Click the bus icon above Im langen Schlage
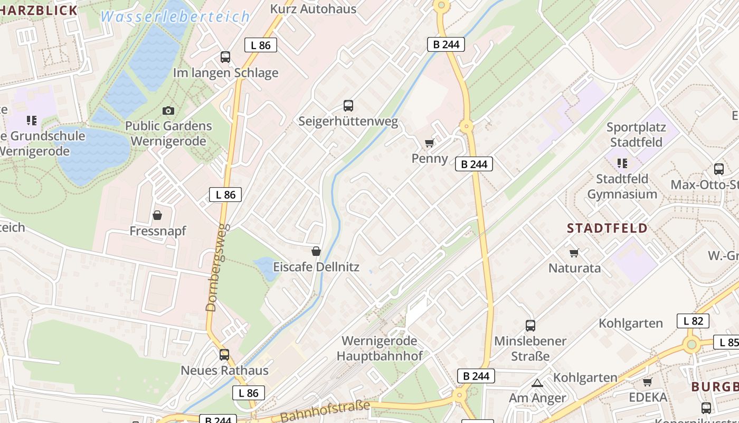(x=225, y=57)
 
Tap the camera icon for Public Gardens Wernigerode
(x=168, y=111)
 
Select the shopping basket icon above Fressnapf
(x=157, y=215)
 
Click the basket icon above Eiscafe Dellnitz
(x=316, y=251)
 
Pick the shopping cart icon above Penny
(x=430, y=143)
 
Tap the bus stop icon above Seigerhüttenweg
(x=348, y=105)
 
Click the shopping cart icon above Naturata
(x=574, y=253)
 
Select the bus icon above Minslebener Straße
(x=530, y=326)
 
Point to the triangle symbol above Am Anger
(x=537, y=383)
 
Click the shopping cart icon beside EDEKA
(x=647, y=382)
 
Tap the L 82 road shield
(x=693, y=321)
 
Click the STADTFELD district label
(x=607, y=228)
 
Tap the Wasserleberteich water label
(x=175, y=17)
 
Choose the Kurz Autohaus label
(x=313, y=8)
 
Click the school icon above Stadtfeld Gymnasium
(x=622, y=163)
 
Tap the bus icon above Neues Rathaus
(x=224, y=355)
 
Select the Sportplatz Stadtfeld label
(x=636, y=135)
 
